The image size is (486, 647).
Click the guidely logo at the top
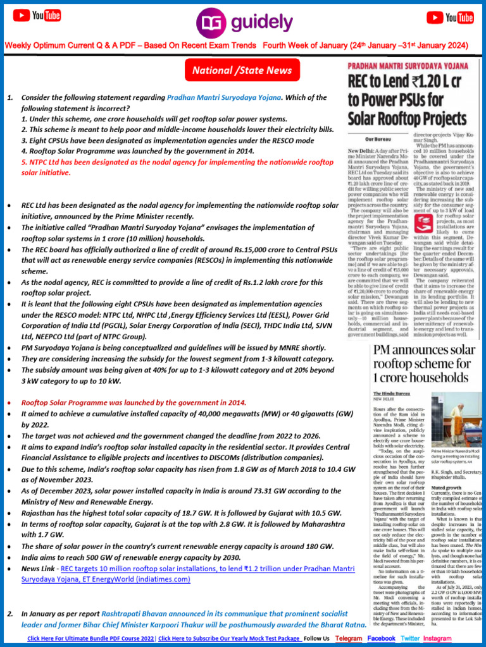[242, 23]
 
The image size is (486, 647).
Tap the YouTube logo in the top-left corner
[37, 16]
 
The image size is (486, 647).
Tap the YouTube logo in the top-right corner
[450, 17]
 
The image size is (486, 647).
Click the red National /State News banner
[242, 70]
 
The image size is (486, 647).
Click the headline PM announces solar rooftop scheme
[424, 366]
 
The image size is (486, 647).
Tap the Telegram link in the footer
[349, 638]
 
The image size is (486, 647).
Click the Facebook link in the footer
[381, 638]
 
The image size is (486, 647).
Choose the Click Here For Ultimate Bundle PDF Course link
[90, 638]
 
